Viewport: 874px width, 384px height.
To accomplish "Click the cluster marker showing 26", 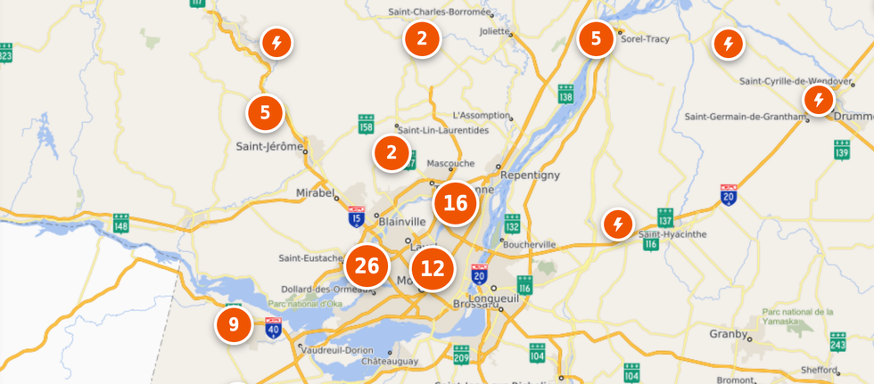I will pos(367,265).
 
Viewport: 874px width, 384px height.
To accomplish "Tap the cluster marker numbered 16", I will pos(455,202).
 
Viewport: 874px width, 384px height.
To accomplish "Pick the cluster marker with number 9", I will pos(234,324).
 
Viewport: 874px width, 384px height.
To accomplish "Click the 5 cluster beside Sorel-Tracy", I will pos(596,39).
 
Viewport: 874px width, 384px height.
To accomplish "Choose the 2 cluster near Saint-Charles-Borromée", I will pos(422,38).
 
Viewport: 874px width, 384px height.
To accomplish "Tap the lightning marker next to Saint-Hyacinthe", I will pos(617,224).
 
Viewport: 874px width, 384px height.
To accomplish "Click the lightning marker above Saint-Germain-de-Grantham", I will pos(818,100).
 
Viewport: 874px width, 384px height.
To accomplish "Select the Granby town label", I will pos(728,334).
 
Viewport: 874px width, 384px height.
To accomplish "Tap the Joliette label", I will pos(493,30).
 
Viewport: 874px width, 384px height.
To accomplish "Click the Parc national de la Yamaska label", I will pos(797,318).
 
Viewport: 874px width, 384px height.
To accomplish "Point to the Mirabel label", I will pos(316,192).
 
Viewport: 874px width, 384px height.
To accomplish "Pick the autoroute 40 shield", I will pos(273,327).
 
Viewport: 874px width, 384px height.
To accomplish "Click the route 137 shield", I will pos(665,216).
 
